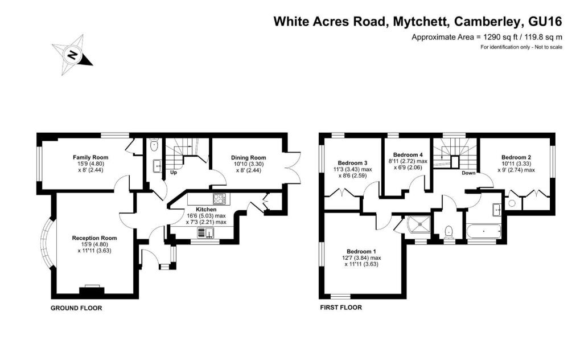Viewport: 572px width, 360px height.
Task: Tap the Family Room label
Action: pos(90,157)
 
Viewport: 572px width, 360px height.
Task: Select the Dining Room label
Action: pos(248,158)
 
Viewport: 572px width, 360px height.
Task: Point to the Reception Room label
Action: pos(94,238)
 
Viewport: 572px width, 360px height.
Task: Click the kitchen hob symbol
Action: pos(219,199)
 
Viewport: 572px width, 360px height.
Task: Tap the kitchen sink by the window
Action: pos(205,233)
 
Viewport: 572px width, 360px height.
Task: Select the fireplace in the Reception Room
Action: pos(92,291)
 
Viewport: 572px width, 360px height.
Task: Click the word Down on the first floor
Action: pos(468,173)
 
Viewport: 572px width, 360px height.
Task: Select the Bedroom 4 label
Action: pos(408,155)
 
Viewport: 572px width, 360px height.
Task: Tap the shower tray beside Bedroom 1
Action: pos(419,226)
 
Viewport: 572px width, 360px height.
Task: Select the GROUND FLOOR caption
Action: pos(76,308)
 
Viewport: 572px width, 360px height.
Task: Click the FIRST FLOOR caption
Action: pos(341,308)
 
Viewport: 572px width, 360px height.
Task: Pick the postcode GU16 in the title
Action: pos(545,22)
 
